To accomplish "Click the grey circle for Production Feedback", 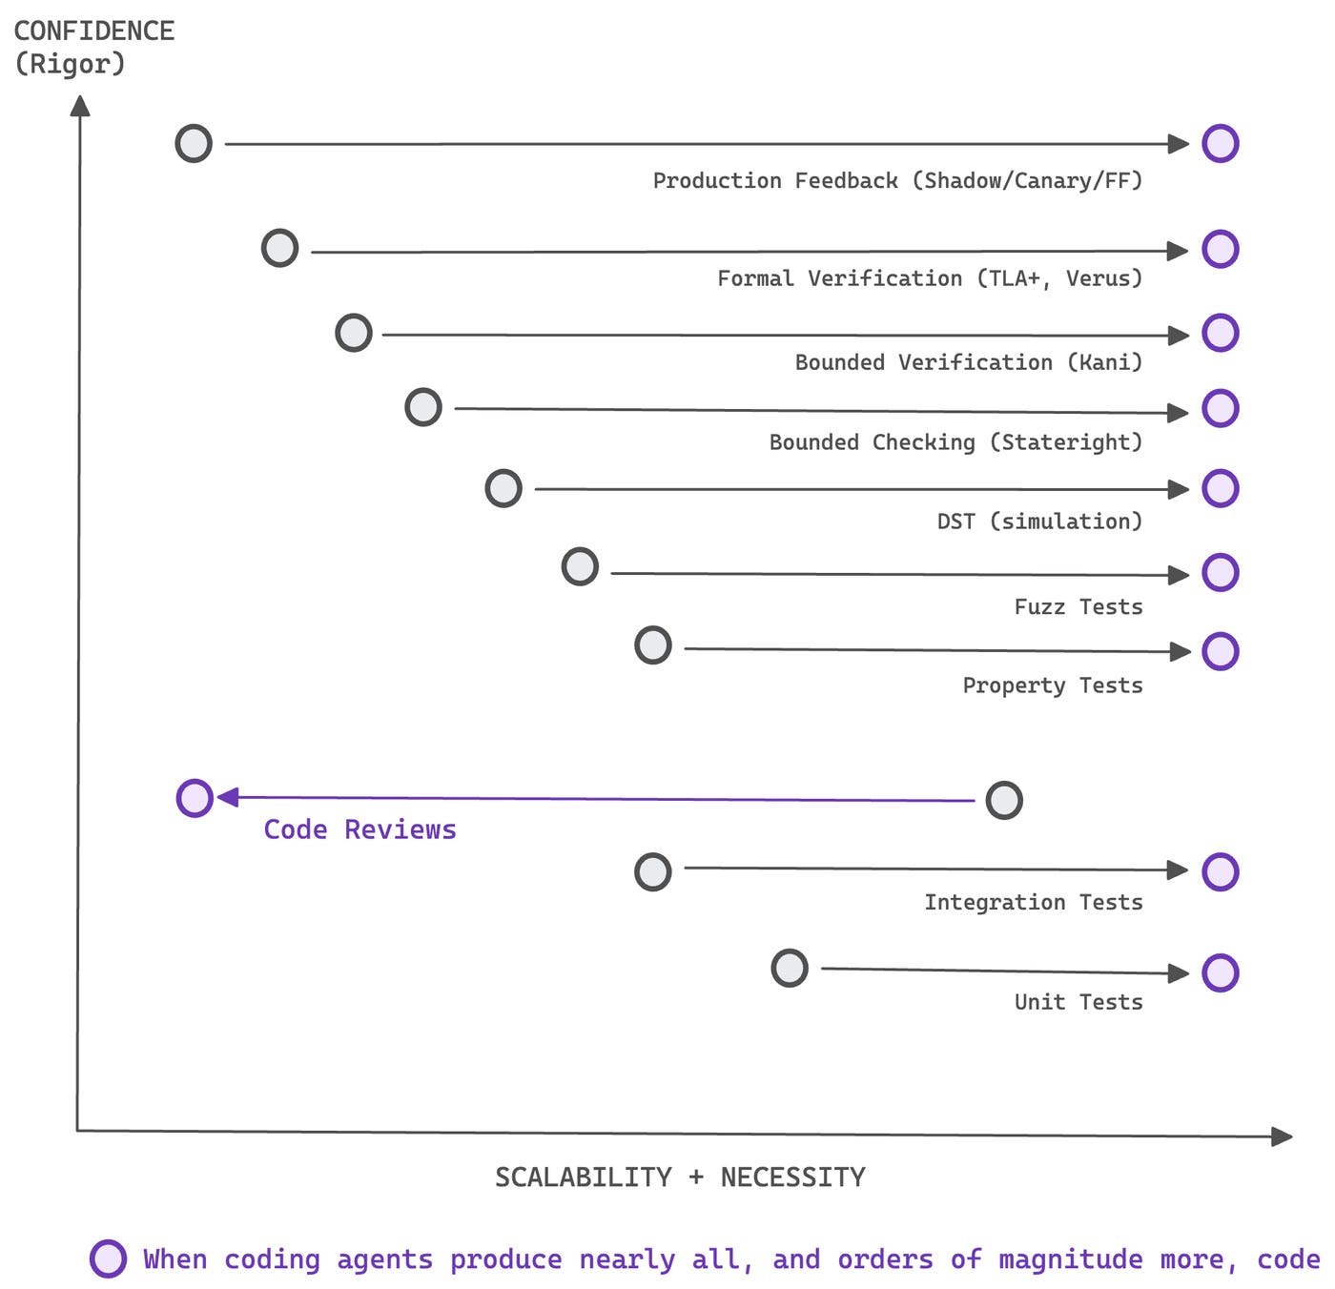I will click(194, 143).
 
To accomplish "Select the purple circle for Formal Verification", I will click(1220, 249).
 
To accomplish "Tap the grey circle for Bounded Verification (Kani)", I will click(354, 333).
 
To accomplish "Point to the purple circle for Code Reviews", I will click(195, 798).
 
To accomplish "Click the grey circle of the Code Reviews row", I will click(1003, 800).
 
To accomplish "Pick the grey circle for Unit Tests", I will click(789, 969).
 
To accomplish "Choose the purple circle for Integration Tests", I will click(1220, 871).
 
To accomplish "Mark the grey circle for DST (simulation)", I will click(503, 488).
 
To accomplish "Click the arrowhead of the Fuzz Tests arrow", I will click(1180, 575).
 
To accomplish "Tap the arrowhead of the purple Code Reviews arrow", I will click(228, 797).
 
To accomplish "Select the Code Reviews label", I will click(359, 829).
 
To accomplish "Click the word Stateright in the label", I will click(1065, 442).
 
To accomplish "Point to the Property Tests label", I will click(1052, 685).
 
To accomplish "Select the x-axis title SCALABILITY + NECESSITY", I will click(680, 1177).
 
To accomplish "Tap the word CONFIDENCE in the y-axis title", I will click(93, 31).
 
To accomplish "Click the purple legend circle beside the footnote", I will click(108, 1258).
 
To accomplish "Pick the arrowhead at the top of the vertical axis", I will click(80, 105).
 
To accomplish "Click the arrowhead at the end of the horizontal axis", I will click(1283, 1136).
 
